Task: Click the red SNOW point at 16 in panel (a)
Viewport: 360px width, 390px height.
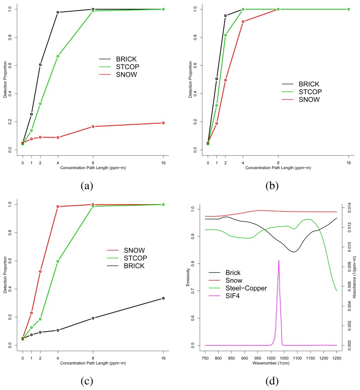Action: pos(163,123)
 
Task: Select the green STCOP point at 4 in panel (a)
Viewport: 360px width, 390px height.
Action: pos(58,56)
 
